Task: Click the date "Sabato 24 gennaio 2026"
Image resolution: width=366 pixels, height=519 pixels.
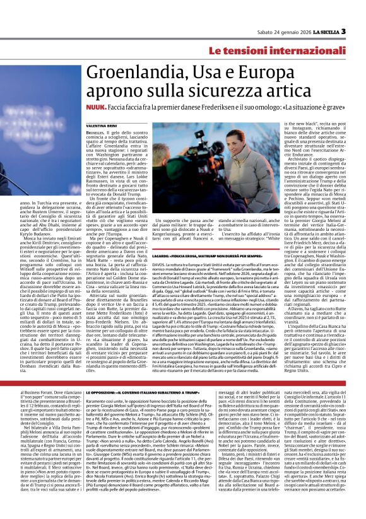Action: pyautogui.click(x=283, y=32)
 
